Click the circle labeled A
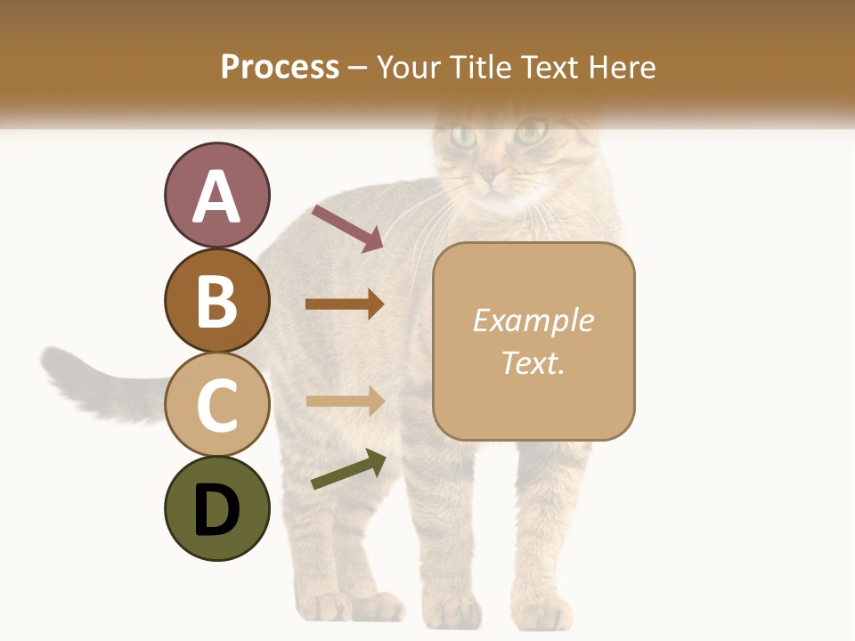(216, 196)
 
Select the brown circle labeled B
(216, 301)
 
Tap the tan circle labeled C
(216, 405)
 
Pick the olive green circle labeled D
(216, 509)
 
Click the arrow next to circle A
(346, 227)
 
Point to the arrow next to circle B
(345, 304)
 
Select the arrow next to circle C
(345, 401)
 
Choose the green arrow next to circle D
(348, 469)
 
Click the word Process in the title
(280, 67)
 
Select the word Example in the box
(533, 320)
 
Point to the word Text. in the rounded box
(533, 362)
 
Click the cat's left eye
(463, 137)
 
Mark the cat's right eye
(531, 134)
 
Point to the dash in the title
(358, 68)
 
